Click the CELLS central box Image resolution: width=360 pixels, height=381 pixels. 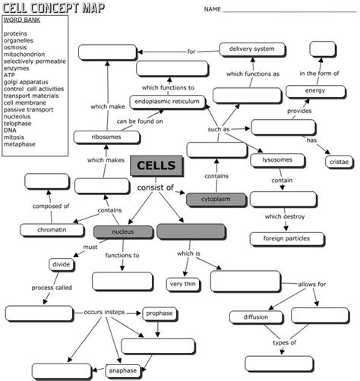click(156, 166)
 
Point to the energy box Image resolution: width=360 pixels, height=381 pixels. click(315, 91)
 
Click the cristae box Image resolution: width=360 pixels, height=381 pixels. click(338, 162)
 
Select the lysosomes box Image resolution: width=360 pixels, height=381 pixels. click(277, 161)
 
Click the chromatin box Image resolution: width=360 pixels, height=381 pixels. click(46, 230)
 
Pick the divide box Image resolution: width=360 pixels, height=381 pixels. click(62, 265)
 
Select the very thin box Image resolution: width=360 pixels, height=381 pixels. click(183, 285)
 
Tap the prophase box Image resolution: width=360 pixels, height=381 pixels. click(159, 313)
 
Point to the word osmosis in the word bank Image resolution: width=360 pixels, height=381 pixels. click(16, 48)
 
